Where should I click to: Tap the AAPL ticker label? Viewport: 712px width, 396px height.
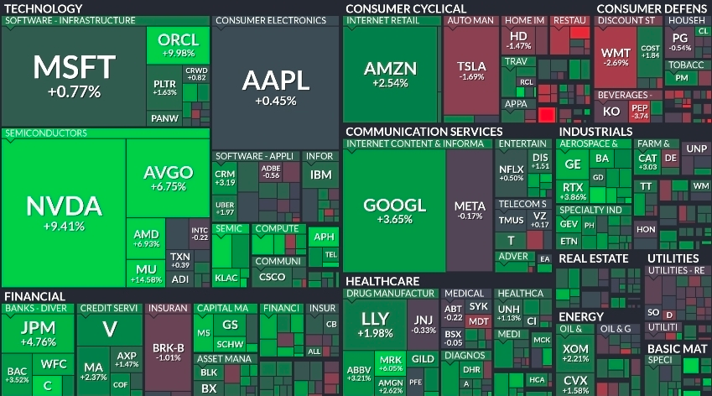click(x=276, y=81)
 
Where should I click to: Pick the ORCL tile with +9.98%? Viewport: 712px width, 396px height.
click(x=178, y=44)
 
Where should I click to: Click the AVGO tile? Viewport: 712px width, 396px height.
click(x=168, y=178)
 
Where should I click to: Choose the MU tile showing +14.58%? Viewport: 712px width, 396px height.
click(x=145, y=273)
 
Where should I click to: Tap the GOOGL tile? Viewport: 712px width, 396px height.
click(x=394, y=210)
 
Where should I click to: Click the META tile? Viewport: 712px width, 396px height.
click(x=469, y=210)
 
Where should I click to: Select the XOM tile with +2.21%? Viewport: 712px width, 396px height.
click(x=575, y=352)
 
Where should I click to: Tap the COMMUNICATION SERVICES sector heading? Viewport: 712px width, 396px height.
click(x=424, y=132)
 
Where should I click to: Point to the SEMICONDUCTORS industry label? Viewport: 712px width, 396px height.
click(x=46, y=133)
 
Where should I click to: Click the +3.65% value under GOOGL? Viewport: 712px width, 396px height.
click(x=394, y=220)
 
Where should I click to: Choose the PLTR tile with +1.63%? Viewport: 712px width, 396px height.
click(x=165, y=87)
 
